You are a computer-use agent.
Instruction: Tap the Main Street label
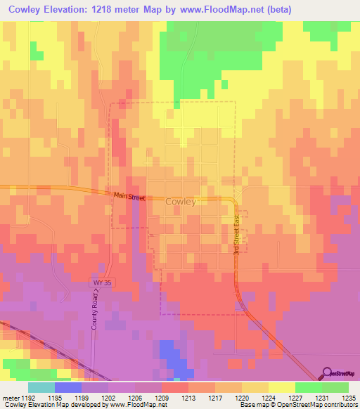[129, 197]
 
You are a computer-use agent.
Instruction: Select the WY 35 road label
[102, 283]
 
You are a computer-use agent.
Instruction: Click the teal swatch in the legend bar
[41, 387]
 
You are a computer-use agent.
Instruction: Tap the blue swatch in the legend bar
[68, 387]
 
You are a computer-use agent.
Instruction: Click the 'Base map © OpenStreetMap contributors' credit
[298, 405]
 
